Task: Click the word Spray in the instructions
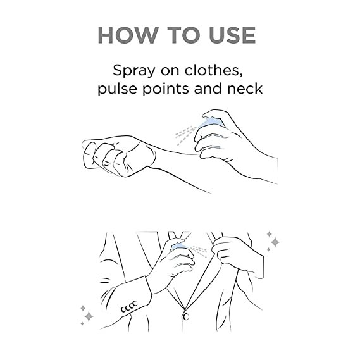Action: tap(134, 71)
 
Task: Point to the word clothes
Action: tap(214, 70)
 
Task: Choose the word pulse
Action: tap(117, 89)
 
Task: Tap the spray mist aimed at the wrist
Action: tap(185, 135)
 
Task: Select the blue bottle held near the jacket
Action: tap(180, 247)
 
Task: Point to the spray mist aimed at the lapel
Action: tap(199, 251)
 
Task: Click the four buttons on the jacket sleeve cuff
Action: tap(129, 307)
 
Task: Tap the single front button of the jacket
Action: tap(186, 317)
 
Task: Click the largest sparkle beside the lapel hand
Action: tap(275, 242)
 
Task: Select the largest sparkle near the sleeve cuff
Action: tap(89, 316)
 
